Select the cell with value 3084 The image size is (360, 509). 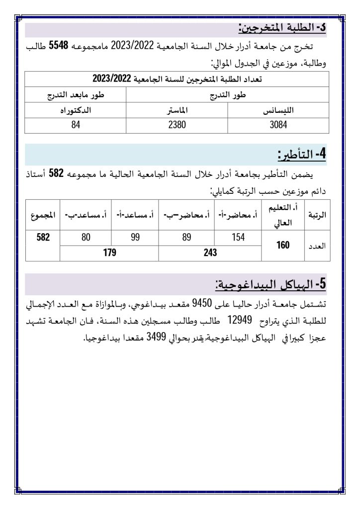(x=278, y=125)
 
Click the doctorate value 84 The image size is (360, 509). (x=76, y=125)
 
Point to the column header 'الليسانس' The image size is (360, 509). (x=278, y=111)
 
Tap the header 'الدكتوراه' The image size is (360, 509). (x=76, y=111)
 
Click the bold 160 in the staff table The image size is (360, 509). (x=283, y=245)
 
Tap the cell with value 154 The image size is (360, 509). (x=239, y=238)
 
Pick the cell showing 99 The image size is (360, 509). (x=135, y=238)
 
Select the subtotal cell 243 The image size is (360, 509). (x=210, y=253)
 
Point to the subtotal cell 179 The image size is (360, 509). (x=109, y=253)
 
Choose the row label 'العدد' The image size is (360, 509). (x=317, y=245)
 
